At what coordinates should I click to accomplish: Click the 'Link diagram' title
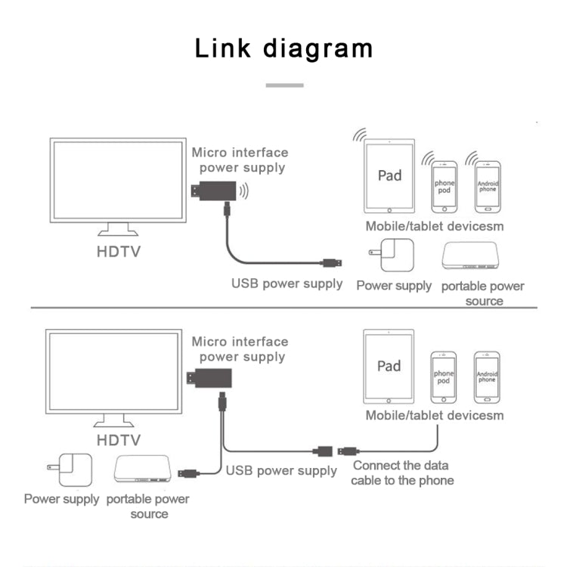pyautogui.click(x=283, y=48)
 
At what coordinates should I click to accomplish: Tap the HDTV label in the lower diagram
pyautogui.click(x=118, y=439)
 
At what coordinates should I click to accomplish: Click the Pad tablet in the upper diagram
pyautogui.click(x=389, y=176)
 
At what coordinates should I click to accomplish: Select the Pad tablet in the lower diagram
pyautogui.click(x=389, y=366)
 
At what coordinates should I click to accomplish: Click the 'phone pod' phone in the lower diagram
pyautogui.click(x=444, y=377)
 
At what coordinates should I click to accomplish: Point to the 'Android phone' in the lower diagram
pyautogui.click(x=487, y=376)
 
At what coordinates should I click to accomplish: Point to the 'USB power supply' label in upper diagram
pyautogui.click(x=287, y=284)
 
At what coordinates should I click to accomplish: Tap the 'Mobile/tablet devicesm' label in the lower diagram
pyautogui.click(x=434, y=415)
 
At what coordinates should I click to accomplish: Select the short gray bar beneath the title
pyautogui.click(x=284, y=85)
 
